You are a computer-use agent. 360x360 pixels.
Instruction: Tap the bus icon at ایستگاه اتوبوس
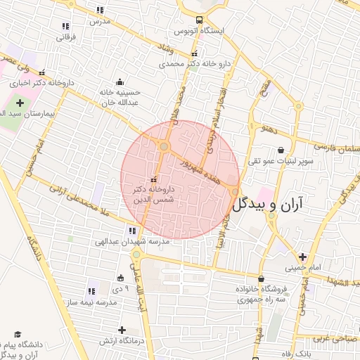200,20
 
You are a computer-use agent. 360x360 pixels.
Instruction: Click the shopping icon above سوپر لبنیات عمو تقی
281,150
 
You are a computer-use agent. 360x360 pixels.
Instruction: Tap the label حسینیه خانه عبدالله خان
116,97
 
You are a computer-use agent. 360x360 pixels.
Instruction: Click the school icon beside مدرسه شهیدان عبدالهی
131,231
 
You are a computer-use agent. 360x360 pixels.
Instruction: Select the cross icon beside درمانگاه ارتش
122,330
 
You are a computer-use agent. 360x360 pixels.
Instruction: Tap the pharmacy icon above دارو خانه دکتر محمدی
194,54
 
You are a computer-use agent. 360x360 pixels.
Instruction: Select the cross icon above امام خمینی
302,257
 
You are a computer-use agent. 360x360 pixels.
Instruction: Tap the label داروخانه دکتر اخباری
70,82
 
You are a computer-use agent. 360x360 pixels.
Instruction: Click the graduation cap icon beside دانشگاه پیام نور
18,335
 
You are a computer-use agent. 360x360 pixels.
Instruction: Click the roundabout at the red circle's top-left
164,147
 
